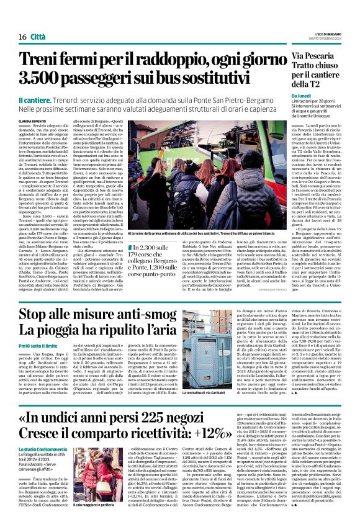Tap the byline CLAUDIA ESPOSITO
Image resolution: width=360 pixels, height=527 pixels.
[32, 120]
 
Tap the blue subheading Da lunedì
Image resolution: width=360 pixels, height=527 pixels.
[304, 97]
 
